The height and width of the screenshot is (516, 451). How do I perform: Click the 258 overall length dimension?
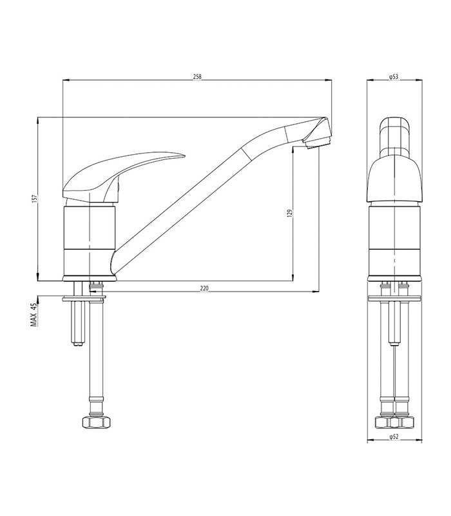(197, 77)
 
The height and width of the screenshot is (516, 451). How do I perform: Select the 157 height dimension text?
(34, 199)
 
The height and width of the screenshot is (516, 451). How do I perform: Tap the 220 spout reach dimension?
(204, 288)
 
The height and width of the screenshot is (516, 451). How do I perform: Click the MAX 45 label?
(34, 316)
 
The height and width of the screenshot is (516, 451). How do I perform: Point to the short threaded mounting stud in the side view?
(77, 322)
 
